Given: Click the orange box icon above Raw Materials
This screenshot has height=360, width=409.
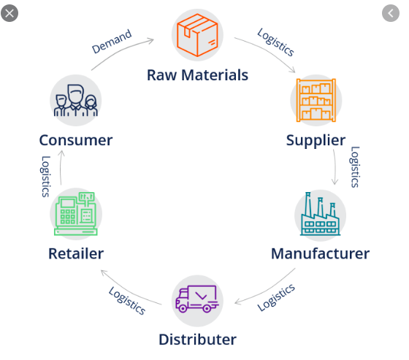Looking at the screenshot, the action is [197, 35].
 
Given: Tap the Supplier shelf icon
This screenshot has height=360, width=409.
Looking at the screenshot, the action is [316, 100].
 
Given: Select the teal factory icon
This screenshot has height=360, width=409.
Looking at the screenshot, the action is [321, 214].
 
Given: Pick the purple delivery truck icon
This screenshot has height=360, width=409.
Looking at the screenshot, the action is [197, 299].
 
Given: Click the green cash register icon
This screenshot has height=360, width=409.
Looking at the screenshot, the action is [76, 214].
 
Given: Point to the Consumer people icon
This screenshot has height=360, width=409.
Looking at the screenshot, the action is [76, 100].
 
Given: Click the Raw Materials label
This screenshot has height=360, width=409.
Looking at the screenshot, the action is [197, 75].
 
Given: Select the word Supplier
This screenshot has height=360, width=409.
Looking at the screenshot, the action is [316, 141].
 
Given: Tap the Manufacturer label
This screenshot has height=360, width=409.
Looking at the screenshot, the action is [321, 253].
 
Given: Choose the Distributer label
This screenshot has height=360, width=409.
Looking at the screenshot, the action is [198, 340].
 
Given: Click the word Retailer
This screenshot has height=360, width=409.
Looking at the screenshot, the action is [76, 253].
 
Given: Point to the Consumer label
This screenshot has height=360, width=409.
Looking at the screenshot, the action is [76, 140].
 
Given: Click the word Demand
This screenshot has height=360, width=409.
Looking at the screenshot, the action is [112, 42].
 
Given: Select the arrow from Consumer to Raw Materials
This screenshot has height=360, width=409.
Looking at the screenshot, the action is [121, 50].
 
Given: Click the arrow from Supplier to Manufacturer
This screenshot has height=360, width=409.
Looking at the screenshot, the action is [335, 167].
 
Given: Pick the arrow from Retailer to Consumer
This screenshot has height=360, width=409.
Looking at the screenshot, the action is [61, 167].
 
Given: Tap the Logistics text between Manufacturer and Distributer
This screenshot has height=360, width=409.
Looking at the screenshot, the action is [276, 298].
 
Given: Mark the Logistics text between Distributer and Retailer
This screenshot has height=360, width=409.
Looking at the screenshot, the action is [127, 301].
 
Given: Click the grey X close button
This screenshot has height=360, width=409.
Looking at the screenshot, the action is [9, 13].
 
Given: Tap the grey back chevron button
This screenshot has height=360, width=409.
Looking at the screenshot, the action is [391, 13].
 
